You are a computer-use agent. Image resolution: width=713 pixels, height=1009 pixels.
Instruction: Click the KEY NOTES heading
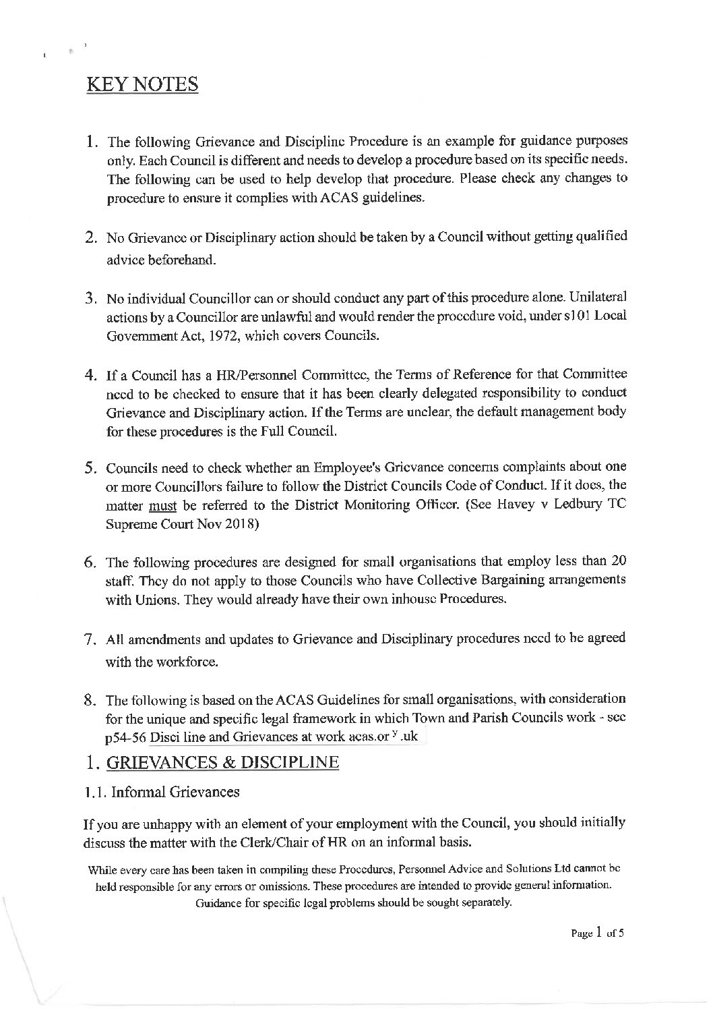pos(142,86)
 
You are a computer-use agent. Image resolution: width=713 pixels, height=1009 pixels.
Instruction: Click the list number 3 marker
pos(93,299)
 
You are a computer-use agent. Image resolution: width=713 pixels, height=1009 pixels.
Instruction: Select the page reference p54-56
pos(125,737)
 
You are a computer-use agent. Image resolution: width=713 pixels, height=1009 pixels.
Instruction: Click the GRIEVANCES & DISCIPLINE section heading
pos(220,763)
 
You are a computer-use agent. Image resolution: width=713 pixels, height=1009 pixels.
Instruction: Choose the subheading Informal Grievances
pos(175,792)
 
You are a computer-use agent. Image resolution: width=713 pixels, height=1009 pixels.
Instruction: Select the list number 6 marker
pos(93,563)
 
